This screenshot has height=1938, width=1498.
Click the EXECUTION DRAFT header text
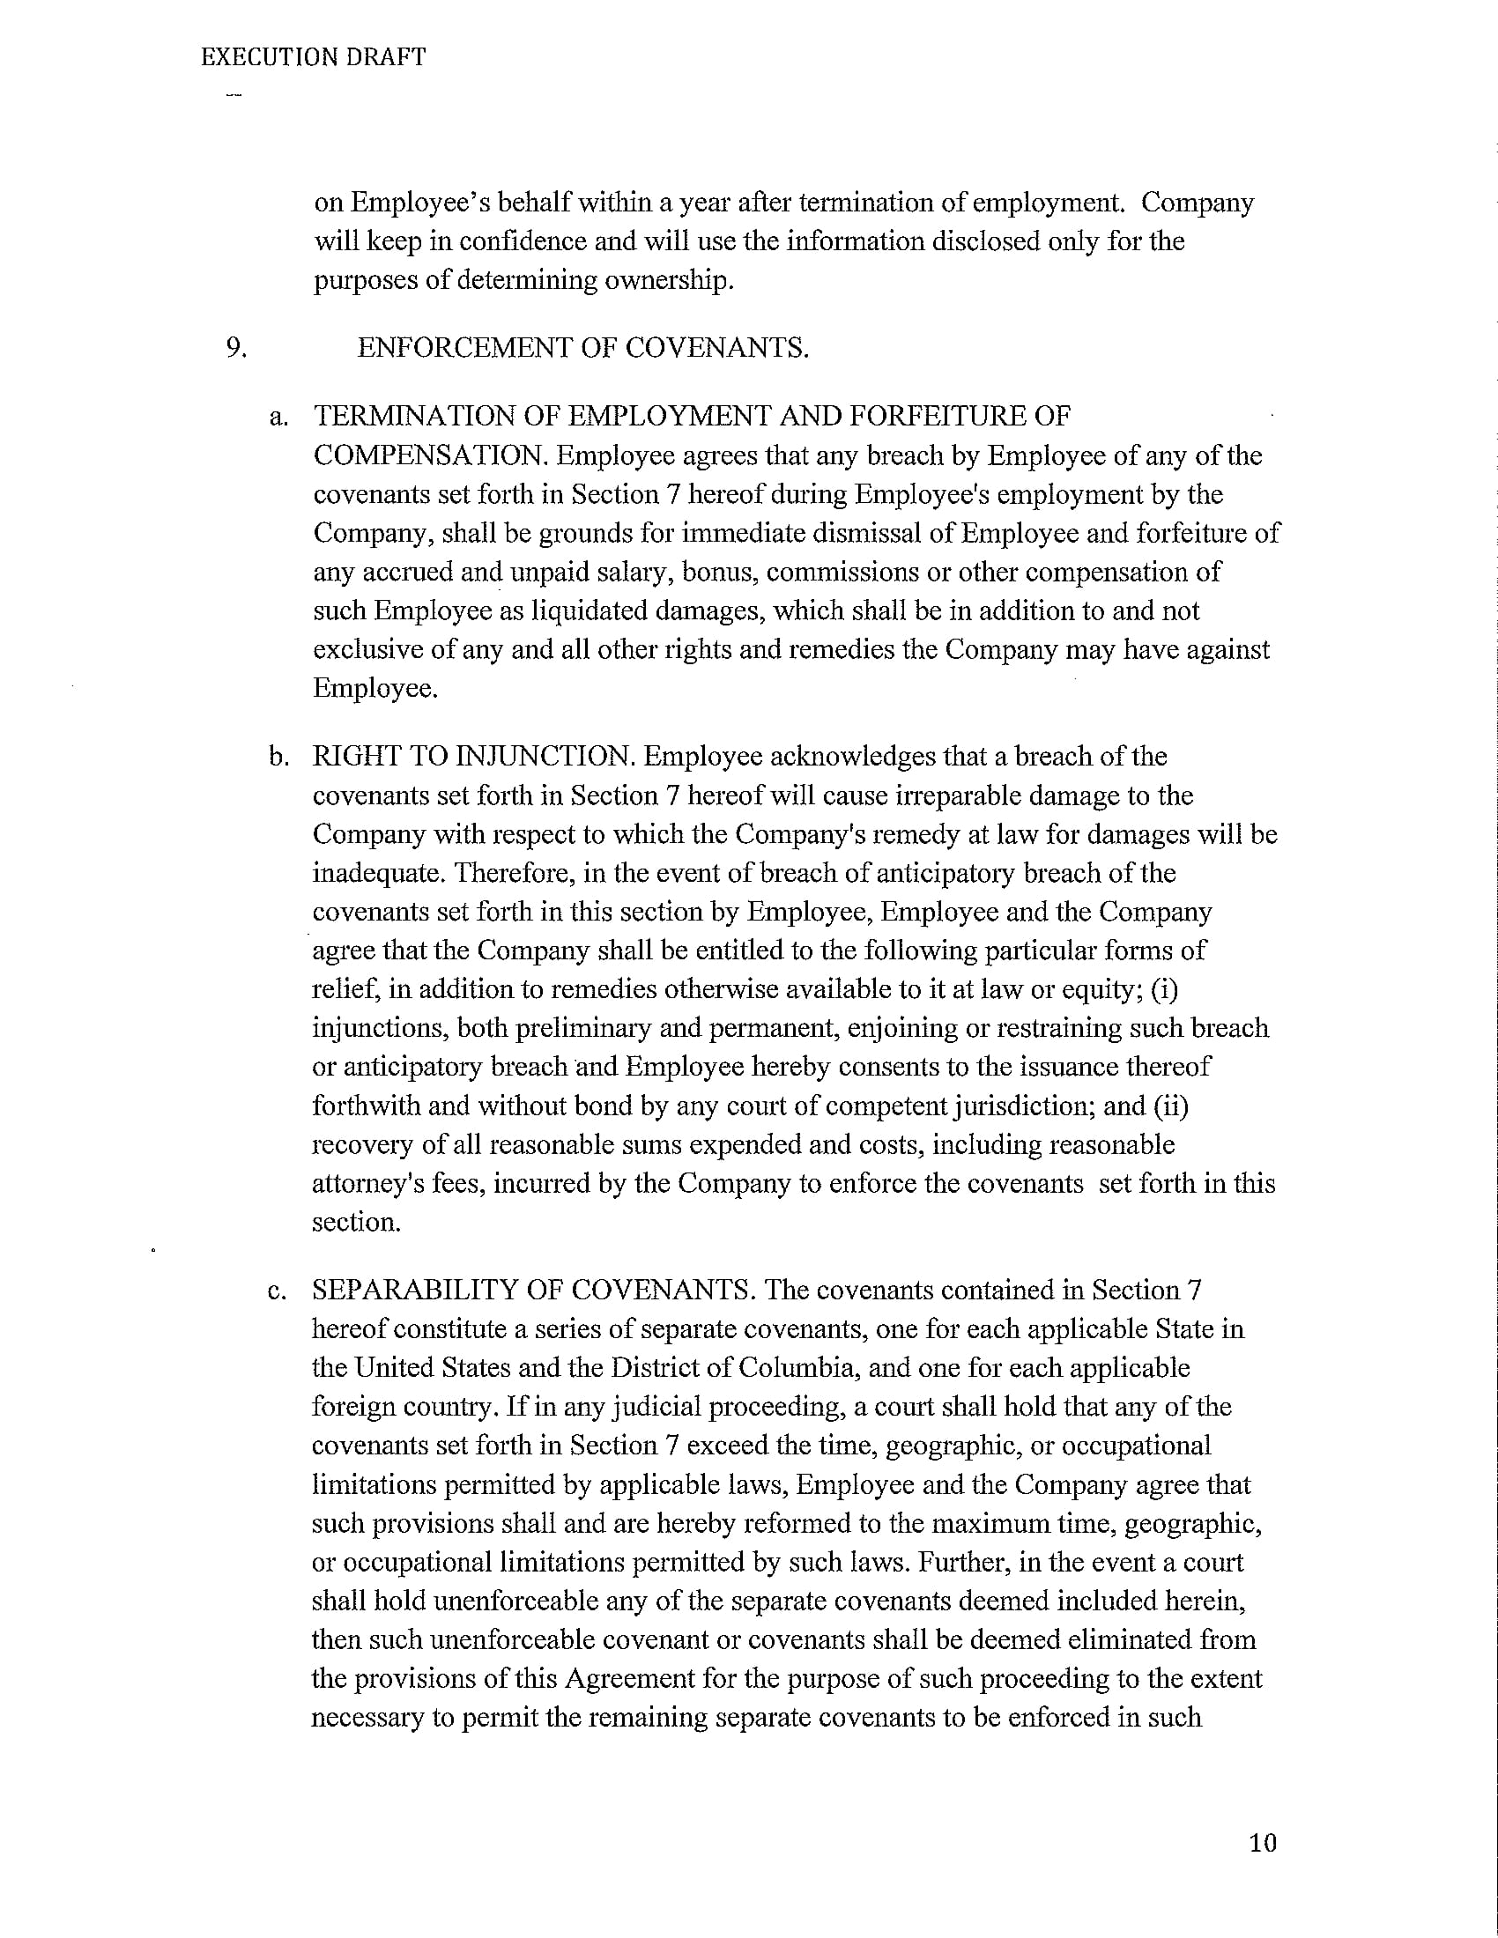pos(314,57)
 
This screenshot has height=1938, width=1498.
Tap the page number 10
pos(1262,1843)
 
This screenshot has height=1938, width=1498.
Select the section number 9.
pos(235,347)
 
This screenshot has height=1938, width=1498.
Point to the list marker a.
pos(278,416)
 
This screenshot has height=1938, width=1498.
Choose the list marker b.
pos(278,757)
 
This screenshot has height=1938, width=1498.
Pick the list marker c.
pos(277,1291)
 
